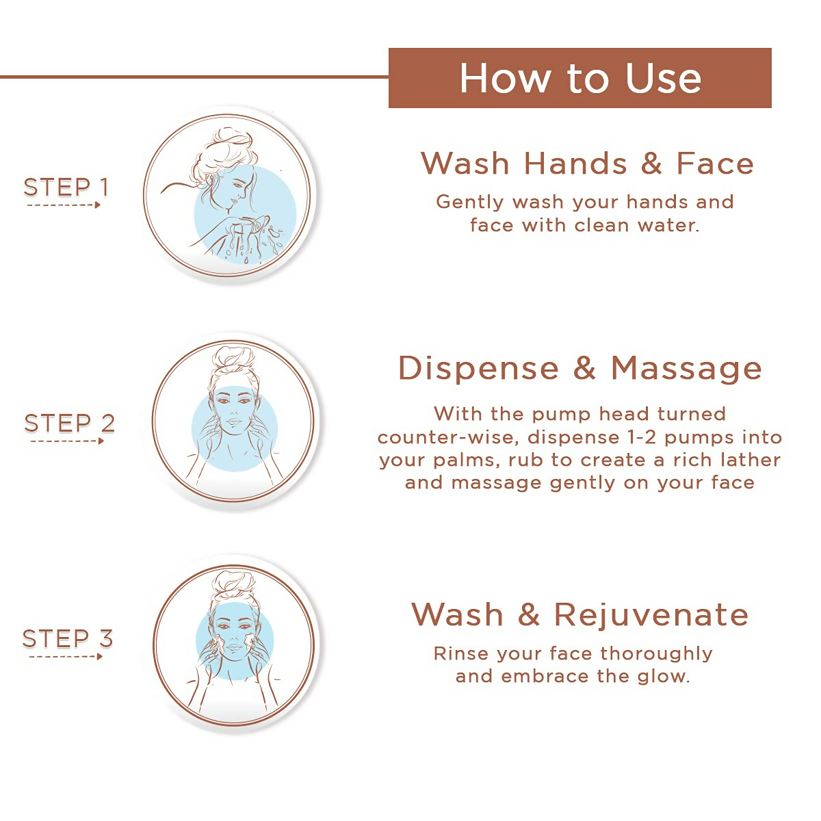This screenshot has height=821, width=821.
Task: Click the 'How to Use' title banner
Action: [579, 78]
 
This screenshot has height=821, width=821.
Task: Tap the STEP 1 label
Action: [66, 187]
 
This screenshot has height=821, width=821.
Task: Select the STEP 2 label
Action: [69, 423]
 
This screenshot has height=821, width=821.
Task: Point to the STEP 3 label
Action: [67, 638]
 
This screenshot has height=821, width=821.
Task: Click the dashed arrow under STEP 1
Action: [64, 205]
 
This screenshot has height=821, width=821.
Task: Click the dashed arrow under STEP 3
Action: [66, 657]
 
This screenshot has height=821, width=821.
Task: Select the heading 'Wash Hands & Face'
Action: [587, 164]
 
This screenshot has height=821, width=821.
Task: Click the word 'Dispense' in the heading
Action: [478, 368]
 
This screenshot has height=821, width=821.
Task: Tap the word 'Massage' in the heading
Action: [686, 368]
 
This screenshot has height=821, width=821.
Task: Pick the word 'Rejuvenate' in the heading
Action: [651, 614]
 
